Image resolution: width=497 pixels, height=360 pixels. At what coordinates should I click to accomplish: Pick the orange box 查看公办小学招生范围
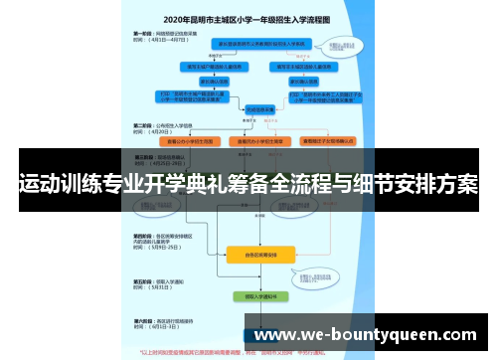(x=189, y=140)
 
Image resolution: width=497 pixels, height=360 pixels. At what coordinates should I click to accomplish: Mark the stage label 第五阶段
(x=142, y=281)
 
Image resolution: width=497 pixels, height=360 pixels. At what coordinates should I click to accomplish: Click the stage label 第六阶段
(x=142, y=320)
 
